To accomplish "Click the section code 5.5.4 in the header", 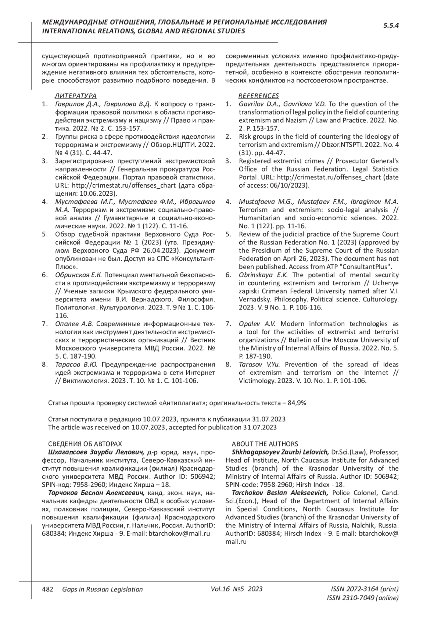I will [x=391, y=25].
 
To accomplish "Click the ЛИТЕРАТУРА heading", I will [x=76, y=96].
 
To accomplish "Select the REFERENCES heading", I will [x=259, y=96].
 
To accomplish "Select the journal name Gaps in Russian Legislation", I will [x=103, y=589].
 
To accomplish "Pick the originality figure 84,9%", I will [x=297, y=403].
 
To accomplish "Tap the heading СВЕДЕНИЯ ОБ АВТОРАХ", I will [x=85, y=444].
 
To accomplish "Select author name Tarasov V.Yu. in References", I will [x=260, y=365].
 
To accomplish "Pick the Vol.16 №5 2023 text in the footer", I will [x=237, y=589].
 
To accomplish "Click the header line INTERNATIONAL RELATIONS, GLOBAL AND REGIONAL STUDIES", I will [x=144, y=31].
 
